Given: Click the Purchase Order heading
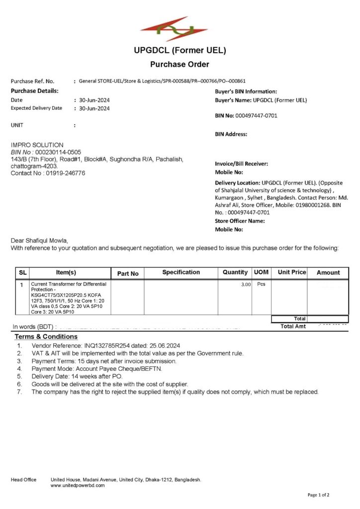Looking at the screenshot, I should click(180, 64).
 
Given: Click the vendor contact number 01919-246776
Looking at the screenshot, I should click(65, 173).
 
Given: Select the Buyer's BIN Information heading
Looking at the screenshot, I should click(246, 91).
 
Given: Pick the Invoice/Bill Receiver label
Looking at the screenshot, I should click(242, 164).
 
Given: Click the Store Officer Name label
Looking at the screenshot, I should click(240, 221).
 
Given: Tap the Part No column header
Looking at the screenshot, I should click(128, 273).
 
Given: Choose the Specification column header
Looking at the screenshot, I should click(181, 272).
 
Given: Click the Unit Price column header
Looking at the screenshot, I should click(292, 272).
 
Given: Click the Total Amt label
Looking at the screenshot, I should click(293, 326).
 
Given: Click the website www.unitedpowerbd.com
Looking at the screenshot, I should click(78, 485).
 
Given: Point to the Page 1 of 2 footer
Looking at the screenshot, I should click(318, 495).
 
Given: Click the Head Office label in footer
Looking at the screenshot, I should click(24, 480).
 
